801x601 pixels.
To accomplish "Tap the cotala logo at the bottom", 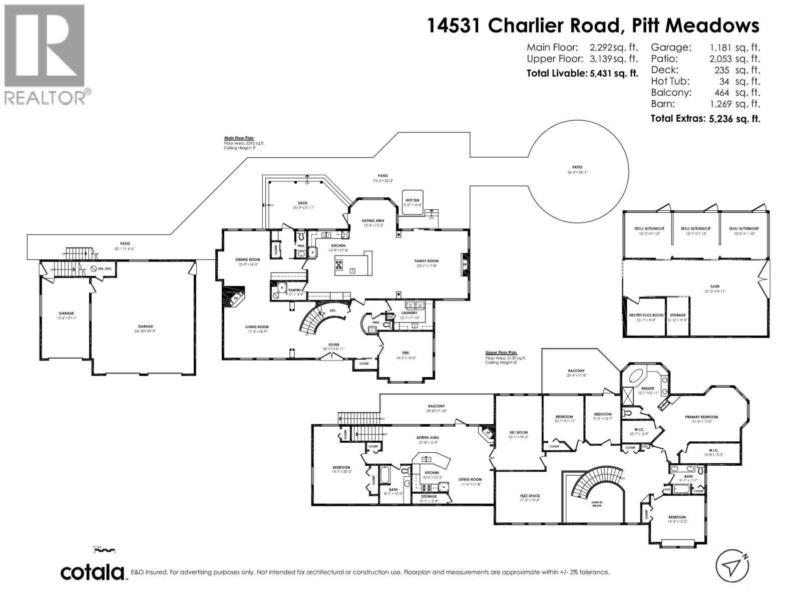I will pos(93,572).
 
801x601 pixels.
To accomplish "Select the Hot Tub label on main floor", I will pos(414,200).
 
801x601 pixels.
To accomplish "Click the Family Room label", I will pos(426,261).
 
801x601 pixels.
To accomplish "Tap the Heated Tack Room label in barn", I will pos(646,315).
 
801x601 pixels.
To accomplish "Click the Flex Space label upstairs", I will pos(530,496).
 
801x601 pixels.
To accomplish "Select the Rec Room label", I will pos(519,432).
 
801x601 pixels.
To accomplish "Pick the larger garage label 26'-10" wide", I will pos(146,326).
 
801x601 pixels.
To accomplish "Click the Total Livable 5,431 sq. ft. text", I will pos(582,73).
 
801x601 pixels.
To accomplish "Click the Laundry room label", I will pos(409,313).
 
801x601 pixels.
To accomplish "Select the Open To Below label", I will pos(597,503).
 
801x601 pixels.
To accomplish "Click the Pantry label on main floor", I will pos(294,290).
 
